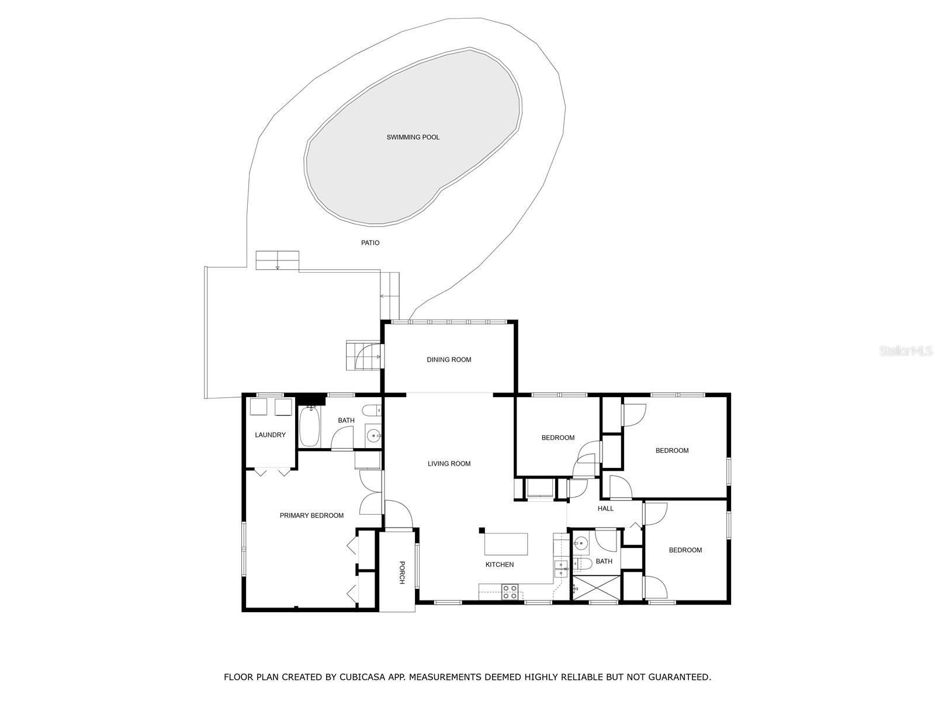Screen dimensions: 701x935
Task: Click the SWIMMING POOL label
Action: (x=413, y=137)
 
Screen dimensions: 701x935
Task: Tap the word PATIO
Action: (x=370, y=242)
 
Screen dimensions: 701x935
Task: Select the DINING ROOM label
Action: (x=449, y=360)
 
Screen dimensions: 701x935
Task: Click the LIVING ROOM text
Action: (x=449, y=464)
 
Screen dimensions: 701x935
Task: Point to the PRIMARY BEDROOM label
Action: (x=311, y=515)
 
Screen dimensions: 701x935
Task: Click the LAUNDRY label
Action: (x=270, y=435)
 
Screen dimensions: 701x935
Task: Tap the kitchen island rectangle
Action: (x=506, y=544)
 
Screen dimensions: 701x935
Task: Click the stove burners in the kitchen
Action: (x=510, y=591)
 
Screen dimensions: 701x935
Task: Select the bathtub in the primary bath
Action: (x=309, y=426)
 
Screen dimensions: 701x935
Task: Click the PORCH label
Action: (x=401, y=572)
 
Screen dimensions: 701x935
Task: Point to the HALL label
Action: (x=605, y=509)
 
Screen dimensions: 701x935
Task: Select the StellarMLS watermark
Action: (x=905, y=351)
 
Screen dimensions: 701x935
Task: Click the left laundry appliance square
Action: (x=258, y=407)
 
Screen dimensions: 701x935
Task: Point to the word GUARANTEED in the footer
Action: (x=678, y=677)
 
